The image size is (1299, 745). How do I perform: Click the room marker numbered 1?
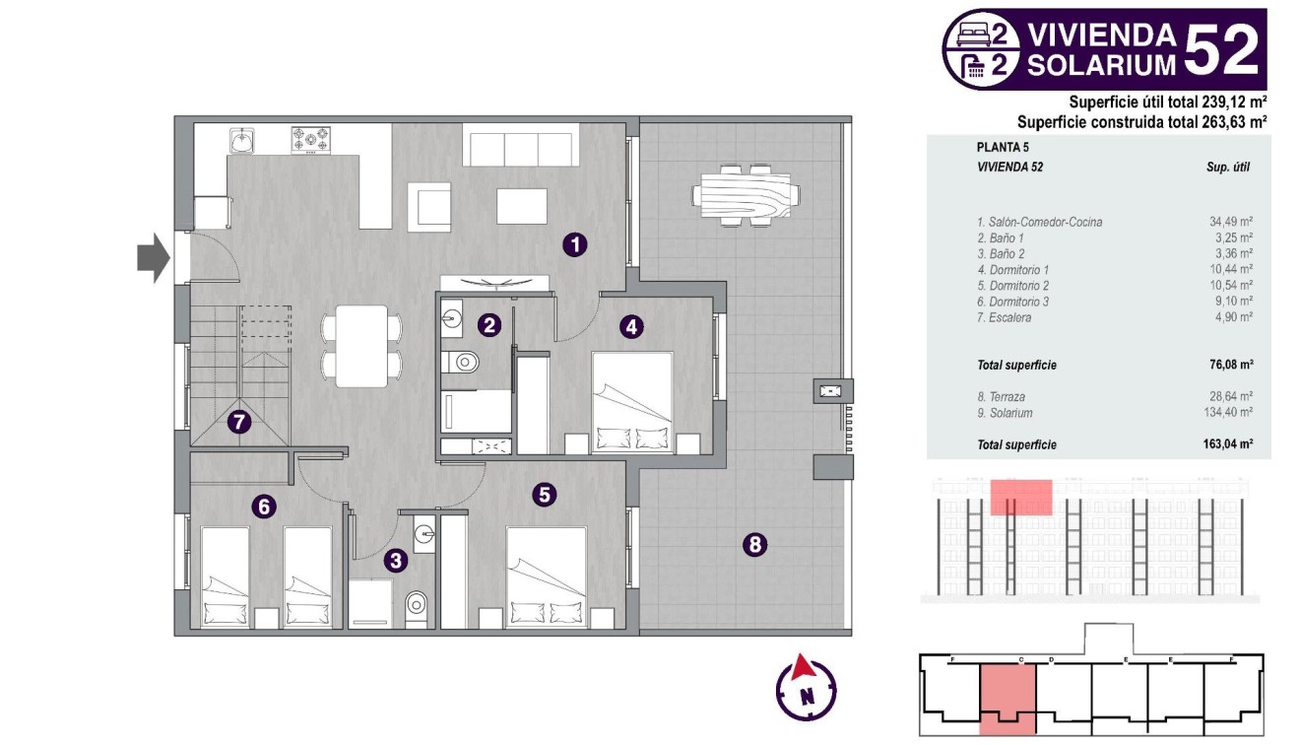[575, 244]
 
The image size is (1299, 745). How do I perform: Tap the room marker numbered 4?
[631, 326]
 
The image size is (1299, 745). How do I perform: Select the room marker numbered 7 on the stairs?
[238, 423]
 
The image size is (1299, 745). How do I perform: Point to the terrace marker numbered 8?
[755, 543]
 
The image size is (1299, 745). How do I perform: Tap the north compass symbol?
[806, 687]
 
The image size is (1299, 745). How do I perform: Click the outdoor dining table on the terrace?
[745, 195]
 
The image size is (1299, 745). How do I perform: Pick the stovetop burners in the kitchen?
[310, 140]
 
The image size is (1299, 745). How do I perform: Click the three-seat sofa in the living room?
[520, 149]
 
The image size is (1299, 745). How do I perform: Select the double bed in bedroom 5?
[547, 577]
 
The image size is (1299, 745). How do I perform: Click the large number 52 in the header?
[1221, 50]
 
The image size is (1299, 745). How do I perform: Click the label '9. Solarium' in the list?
[1005, 413]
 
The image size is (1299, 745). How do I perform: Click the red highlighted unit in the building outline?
[1007, 696]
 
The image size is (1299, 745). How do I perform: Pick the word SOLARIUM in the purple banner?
[1102, 65]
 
